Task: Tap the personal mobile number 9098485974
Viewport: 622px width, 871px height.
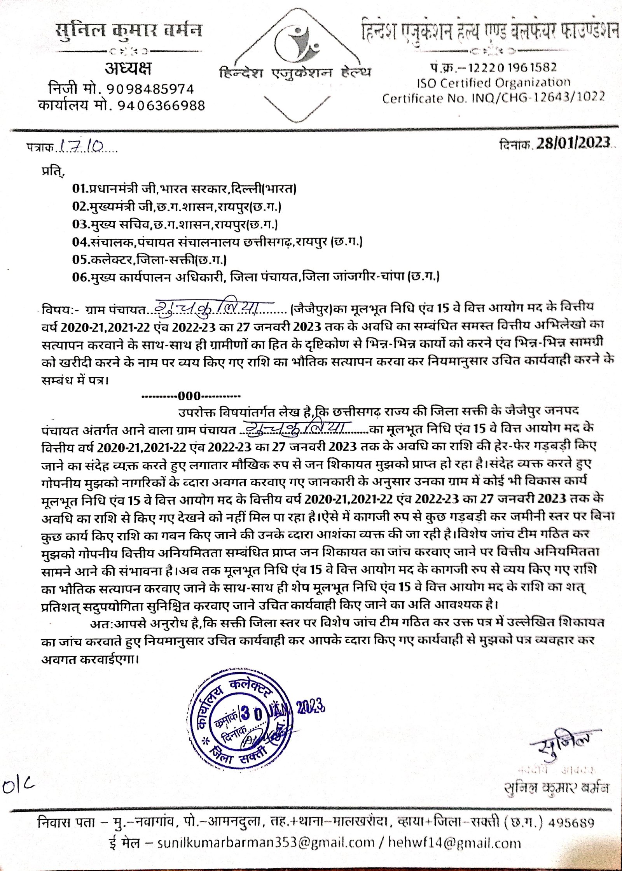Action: pos(150,89)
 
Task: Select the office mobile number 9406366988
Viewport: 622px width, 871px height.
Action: pos(155,105)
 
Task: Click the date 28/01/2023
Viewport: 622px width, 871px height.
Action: pos(574,143)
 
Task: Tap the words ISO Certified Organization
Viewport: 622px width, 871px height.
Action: pos(494,83)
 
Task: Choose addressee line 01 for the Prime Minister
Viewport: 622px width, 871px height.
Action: pos(184,189)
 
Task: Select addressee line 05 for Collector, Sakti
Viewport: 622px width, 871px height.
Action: pos(149,259)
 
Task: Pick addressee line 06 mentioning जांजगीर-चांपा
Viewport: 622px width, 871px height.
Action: pos(256,277)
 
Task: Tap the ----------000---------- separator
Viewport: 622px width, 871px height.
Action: pos(191,396)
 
